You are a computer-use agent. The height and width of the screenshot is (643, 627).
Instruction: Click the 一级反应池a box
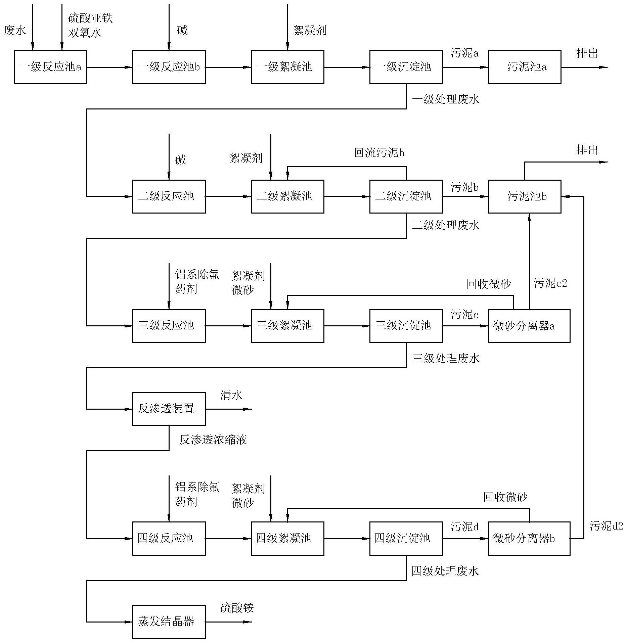[x=50, y=67]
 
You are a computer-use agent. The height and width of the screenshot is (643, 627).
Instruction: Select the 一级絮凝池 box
[x=287, y=67]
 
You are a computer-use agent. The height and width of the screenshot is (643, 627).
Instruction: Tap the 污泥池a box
[x=524, y=67]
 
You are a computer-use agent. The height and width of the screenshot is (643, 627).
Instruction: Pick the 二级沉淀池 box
[x=406, y=196]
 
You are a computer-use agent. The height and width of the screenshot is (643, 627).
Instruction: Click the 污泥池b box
[x=524, y=196]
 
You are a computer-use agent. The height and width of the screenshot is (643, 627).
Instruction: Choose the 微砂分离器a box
[x=529, y=326]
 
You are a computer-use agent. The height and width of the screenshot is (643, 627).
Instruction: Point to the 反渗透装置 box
[x=169, y=409]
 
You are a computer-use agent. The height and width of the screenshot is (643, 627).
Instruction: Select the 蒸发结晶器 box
[x=169, y=622]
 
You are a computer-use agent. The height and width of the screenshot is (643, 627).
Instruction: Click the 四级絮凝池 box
[x=287, y=538]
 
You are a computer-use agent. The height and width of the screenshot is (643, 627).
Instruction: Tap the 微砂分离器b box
[x=529, y=538]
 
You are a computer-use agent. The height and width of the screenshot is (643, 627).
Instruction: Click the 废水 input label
[x=15, y=31]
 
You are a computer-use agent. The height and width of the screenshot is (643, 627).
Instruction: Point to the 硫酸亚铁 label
[x=90, y=18]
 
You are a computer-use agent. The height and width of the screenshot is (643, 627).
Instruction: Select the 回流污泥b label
[x=379, y=153]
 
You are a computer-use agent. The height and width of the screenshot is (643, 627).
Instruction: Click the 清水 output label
[x=231, y=395]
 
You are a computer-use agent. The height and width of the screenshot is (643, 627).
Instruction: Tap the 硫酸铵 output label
[x=237, y=608]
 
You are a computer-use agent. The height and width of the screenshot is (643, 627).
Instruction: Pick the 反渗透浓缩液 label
[x=213, y=440]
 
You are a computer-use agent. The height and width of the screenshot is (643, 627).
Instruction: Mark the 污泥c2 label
[x=550, y=283]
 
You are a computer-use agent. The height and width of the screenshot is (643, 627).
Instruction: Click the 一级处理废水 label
[x=446, y=99]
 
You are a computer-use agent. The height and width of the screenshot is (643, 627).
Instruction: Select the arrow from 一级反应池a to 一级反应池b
[x=109, y=67]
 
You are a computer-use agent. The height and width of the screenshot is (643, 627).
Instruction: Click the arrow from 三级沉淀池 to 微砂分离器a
[x=465, y=326]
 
